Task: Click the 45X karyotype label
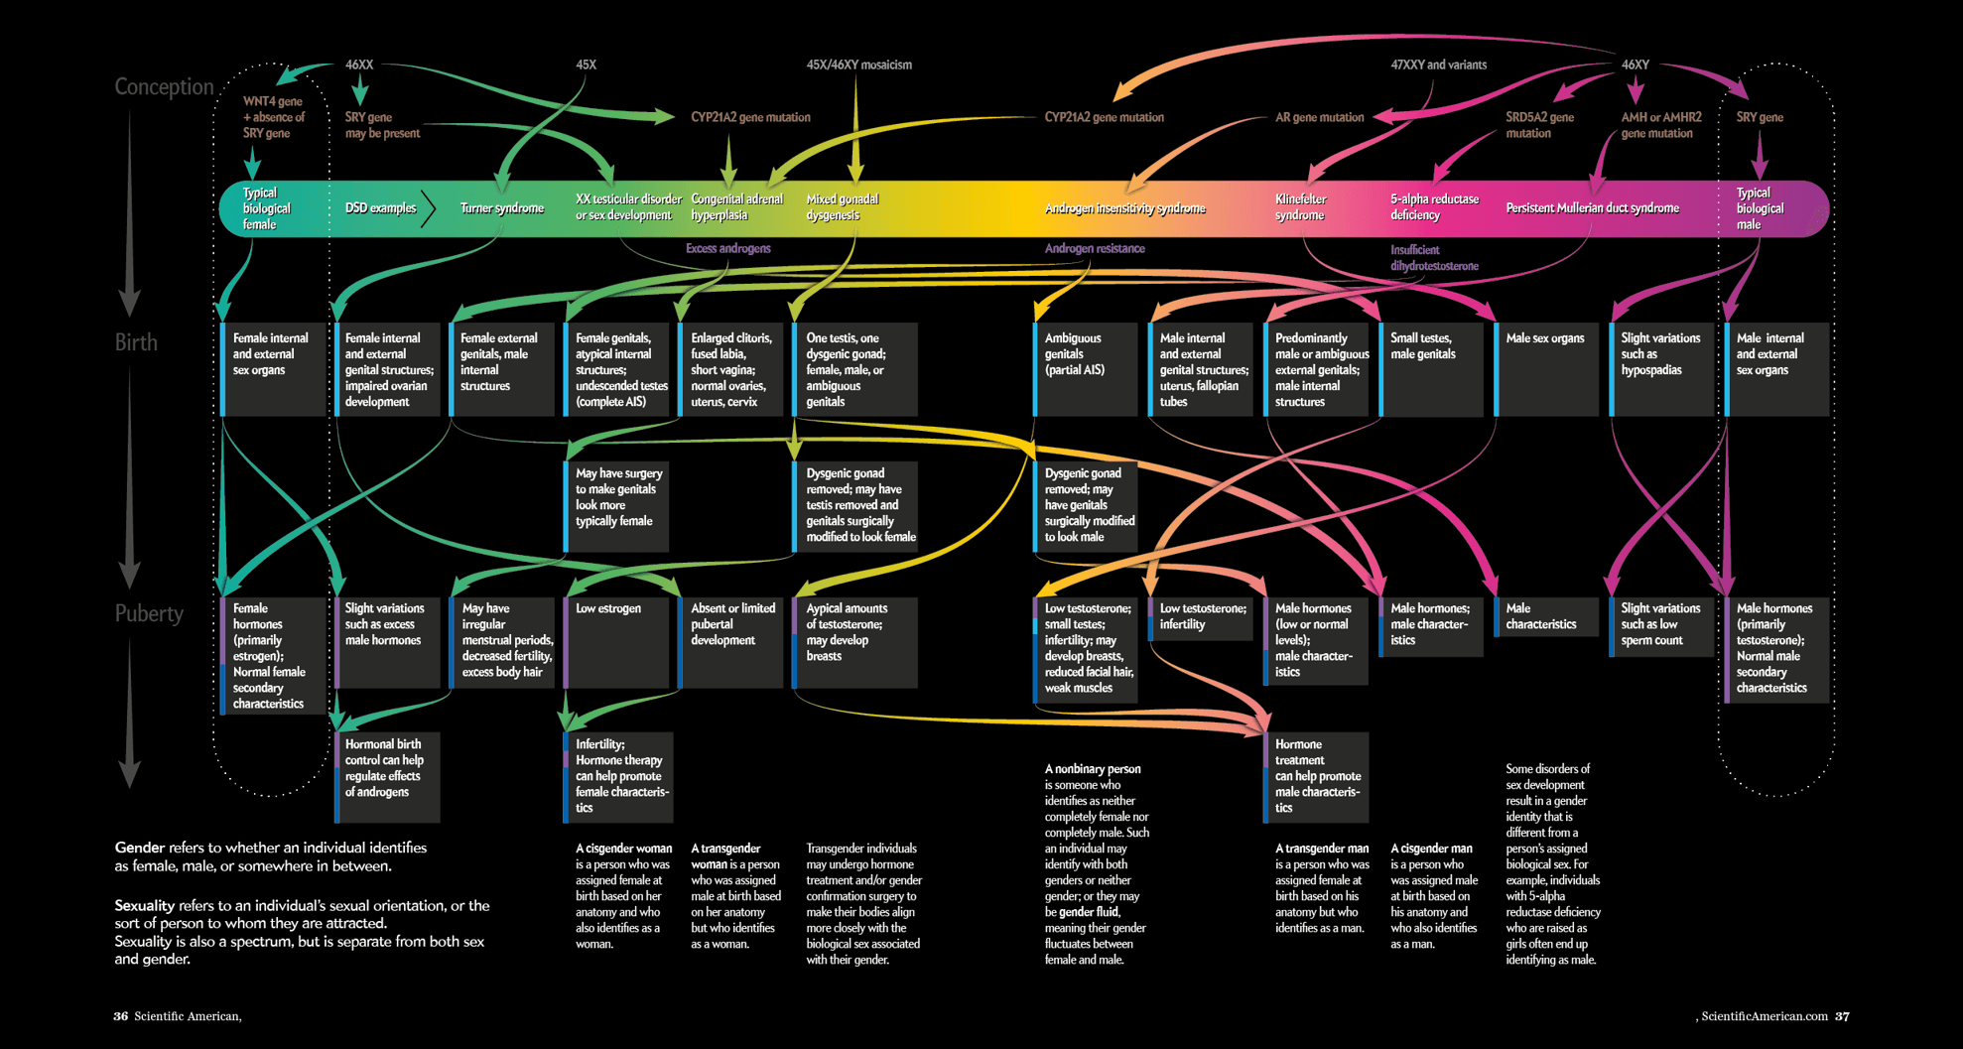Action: [586, 65]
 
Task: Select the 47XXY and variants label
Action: [1438, 65]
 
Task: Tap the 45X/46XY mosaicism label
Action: [858, 65]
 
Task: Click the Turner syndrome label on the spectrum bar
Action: [501, 208]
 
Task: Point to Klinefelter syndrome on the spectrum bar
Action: [1299, 207]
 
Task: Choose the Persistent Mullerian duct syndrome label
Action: [1592, 208]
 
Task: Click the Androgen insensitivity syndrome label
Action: [1124, 208]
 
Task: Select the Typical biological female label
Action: [266, 208]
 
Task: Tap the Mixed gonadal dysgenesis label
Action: [842, 207]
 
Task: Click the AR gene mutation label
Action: [1319, 117]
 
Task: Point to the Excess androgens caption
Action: [727, 248]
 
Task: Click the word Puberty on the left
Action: [149, 613]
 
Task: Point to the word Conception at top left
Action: [164, 86]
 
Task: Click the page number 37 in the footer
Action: [1842, 1016]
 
